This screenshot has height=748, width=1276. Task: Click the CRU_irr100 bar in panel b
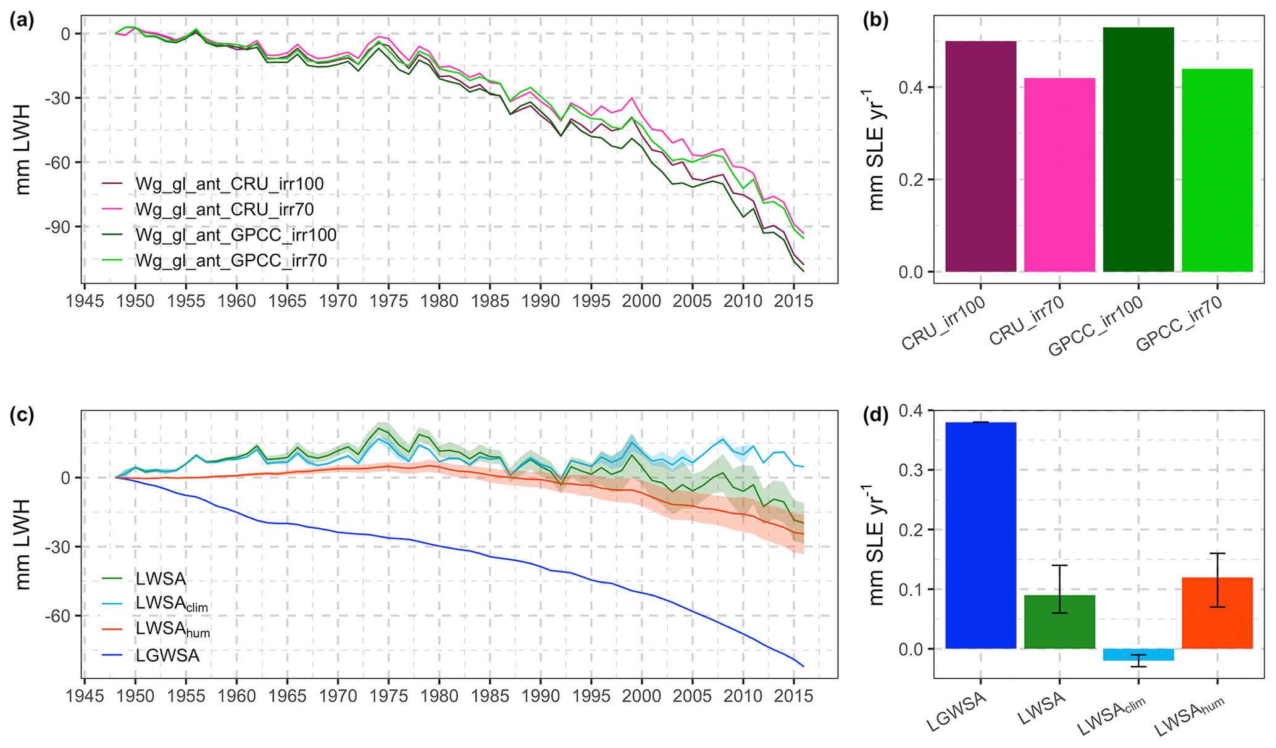click(x=980, y=157)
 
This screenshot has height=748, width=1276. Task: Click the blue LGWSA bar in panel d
click(x=980, y=535)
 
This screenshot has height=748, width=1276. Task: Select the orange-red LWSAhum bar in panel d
click(x=1217, y=613)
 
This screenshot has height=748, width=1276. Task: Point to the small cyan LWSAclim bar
click(x=1138, y=655)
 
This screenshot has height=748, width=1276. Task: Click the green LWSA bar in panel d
click(x=1059, y=621)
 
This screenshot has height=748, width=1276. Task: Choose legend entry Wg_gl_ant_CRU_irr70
click(x=225, y=210)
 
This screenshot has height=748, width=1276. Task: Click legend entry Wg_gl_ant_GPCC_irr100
click(x=236, y=235)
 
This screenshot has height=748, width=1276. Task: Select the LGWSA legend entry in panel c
click(x=167, y=655)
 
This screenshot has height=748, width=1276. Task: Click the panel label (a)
click(x=22, y=20)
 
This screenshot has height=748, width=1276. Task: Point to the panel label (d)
click(x=875, y=415)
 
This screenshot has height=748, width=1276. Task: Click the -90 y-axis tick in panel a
click(x=57, y=227)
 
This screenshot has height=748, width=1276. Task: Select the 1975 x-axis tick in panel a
click(x=388, y=301)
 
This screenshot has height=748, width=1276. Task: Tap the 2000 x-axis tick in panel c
click(x=642, y=696)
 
